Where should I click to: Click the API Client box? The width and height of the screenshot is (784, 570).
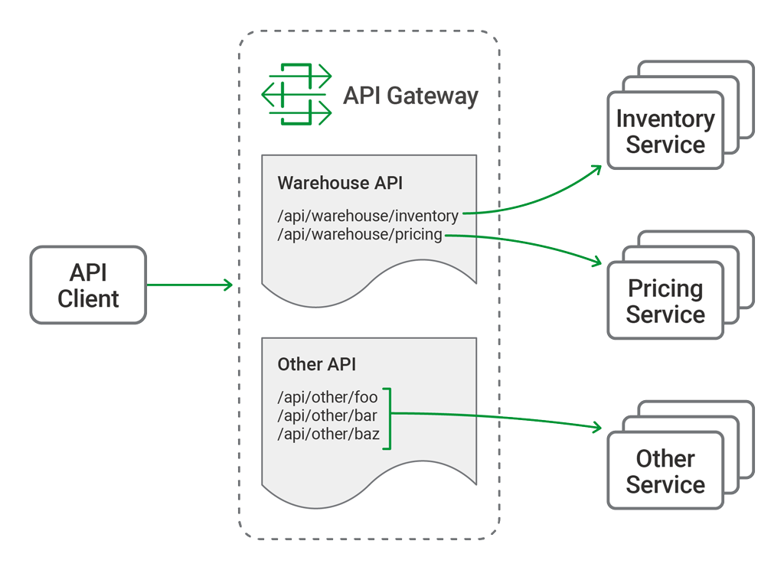pos(88,285)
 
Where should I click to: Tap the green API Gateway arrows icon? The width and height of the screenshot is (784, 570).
pos(297,95)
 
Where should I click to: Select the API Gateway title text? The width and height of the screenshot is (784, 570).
pos(410,96)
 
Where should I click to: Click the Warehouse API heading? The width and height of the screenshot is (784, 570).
pos(340,183)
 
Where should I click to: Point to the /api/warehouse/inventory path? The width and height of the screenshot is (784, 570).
pos(368,216)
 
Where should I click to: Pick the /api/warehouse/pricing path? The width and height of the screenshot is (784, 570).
pos(360,234)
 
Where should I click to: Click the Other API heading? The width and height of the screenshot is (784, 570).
pos(316,364)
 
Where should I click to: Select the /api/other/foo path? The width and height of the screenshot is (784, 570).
pos(328,397)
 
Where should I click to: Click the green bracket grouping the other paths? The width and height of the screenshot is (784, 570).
pos(387,418)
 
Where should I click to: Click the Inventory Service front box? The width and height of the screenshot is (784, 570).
pos(665,131)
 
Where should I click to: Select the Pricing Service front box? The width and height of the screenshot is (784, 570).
pos(665,301)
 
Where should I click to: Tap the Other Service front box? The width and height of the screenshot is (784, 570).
pos(665,471)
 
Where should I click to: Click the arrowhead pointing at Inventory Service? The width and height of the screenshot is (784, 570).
pos(596,168)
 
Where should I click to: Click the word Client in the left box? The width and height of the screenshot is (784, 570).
pos(88,299)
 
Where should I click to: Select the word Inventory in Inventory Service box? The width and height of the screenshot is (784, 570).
pos(665,119)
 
